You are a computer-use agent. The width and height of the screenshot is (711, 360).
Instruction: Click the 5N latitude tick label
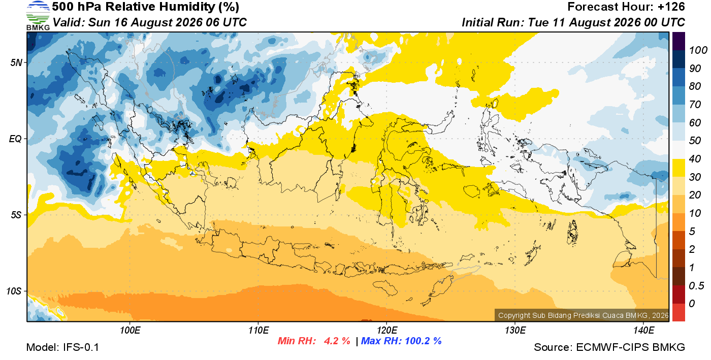[x=16, y=62]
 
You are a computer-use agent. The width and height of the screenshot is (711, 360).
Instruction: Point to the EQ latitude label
[x=15, y=139]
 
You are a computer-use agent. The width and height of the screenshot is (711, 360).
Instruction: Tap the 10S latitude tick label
[x=14, y=291]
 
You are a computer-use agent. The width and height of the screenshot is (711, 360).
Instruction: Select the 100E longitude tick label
[x=130, y=330]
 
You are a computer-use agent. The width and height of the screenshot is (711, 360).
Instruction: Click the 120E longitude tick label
[x=387, y=330]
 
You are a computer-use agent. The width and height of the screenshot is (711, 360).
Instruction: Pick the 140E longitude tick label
[x=644, y=330]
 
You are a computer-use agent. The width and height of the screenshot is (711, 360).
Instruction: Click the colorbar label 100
[x=698, y=50]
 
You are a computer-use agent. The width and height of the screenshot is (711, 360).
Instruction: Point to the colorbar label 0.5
[x=696, y=286]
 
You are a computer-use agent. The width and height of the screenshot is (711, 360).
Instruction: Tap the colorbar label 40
[x=695, y=159]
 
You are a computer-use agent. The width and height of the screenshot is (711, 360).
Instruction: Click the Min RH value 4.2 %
[x=337, y=341]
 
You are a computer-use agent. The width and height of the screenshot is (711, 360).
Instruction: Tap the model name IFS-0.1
[x=81, y=347]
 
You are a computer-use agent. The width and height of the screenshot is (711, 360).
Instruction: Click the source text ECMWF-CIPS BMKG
[x=630, y=347]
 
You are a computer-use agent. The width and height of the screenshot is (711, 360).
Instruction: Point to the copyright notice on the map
[x=583, y=315]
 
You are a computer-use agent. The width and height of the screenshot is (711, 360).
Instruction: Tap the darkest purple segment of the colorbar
[x=678, y=41]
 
